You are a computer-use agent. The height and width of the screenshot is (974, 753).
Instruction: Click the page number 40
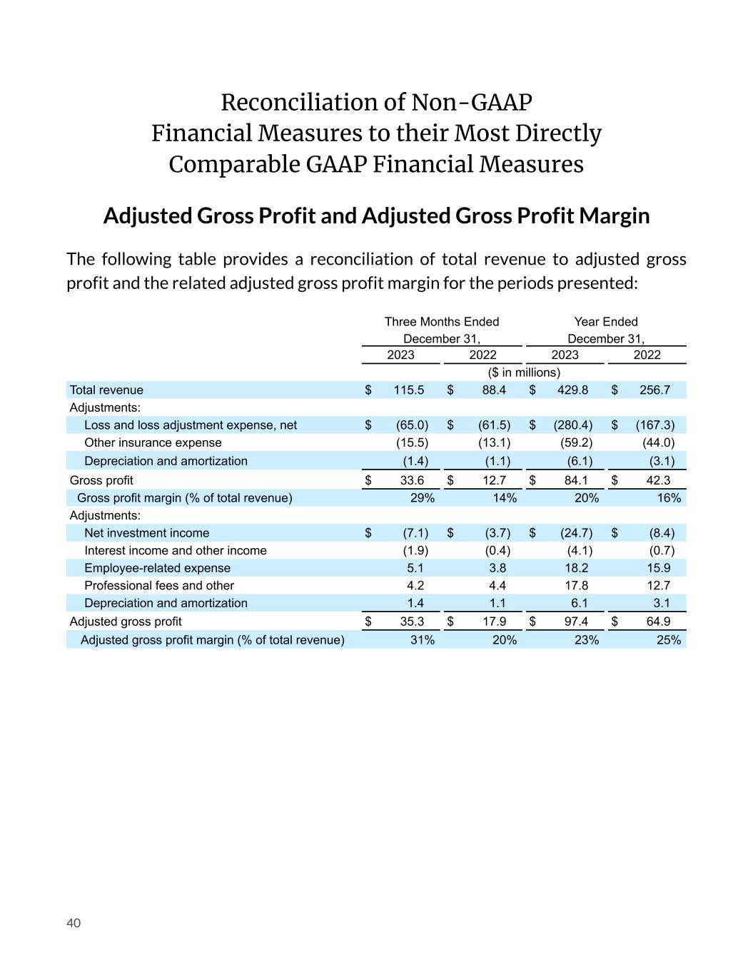[x=74, y=923]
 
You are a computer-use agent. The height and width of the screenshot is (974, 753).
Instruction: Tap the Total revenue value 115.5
[x=409, y=390]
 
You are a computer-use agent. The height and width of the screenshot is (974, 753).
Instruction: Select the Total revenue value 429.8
[x=572, y=390]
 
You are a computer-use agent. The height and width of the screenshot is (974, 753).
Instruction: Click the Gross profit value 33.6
[x=412, y=481]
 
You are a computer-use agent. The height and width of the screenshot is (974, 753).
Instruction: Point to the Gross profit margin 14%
[x=505, y=498]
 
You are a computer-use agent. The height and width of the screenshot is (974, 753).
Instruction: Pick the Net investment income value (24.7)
[x=576, y=533]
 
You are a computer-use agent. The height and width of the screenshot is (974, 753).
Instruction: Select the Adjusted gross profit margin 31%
[x=423, y=640]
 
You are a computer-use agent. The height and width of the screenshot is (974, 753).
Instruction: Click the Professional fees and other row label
[x=159, y=586]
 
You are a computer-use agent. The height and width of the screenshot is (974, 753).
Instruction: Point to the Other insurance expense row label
[x=153, y=443]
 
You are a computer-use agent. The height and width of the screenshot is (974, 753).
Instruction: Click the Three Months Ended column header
[x=442, y=322]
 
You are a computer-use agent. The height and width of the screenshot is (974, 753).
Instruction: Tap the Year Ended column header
[x=606, y=322]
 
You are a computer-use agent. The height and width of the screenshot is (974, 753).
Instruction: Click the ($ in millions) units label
[x=524, y=372]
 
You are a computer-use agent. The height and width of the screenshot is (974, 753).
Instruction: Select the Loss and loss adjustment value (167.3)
[x=655, y=425]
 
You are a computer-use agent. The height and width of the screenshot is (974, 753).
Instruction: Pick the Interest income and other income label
[x=175, y=551]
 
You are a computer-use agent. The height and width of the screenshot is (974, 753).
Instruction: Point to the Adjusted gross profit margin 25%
[x=669, y=640]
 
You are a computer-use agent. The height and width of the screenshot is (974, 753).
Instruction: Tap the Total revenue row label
[x=106, y=390]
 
